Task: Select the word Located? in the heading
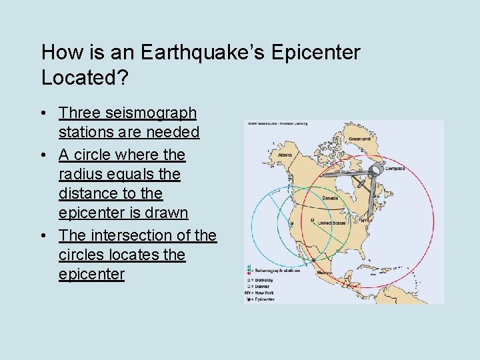pos(79,77)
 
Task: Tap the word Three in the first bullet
pos(79,113)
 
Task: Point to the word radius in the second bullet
pos(81,174)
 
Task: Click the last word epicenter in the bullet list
pos(91,275)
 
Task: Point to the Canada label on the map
pos(330,197)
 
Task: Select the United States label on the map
pos(331,223)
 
